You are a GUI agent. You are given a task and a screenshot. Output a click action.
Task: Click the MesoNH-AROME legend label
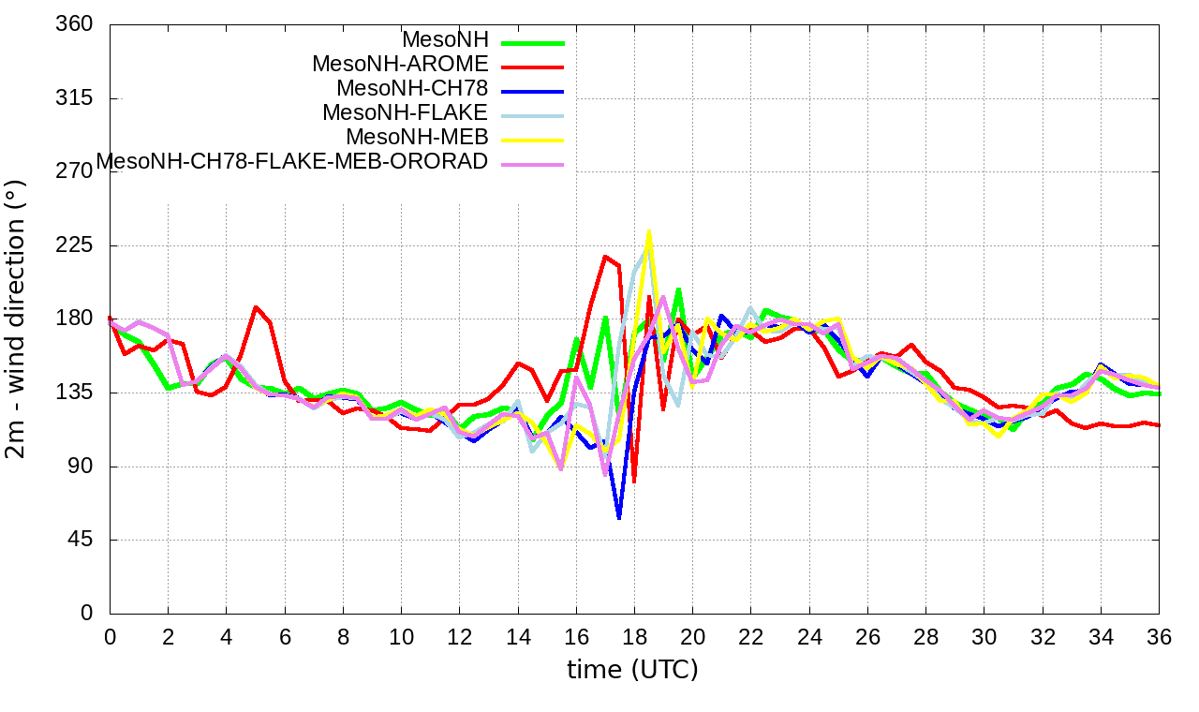pos(400,65)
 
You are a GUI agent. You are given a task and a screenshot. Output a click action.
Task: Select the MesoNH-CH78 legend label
pos(412,89)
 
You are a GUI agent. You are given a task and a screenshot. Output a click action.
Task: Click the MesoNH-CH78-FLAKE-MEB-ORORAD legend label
pos(292,162)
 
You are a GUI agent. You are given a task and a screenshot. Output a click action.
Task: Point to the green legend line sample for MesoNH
pos(533,42)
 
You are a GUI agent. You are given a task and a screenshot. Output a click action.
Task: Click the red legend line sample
pos(533,67)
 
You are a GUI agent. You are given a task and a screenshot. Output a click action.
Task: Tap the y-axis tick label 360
pos(75,24)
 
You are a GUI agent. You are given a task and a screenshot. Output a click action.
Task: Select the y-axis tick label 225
pos(75,245)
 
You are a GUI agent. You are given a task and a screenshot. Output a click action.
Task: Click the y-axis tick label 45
pos(81,540)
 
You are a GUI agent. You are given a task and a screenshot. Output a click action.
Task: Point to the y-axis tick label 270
pos(75,171)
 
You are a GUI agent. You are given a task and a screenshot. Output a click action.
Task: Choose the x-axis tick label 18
pos(634,637)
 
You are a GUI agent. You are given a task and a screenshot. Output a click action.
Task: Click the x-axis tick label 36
pos(1159,637)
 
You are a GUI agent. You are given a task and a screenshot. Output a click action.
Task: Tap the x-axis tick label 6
pos(285,637)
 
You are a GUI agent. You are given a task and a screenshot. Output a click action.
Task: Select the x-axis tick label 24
pos(809,637)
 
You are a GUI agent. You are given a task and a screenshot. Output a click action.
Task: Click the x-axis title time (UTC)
pos(633,670)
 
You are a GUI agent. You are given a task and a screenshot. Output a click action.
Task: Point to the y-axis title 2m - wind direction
pos(17,319)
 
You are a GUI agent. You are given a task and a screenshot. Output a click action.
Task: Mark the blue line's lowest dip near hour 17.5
pos(619,517)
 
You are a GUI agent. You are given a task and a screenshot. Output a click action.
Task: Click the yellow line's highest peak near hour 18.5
pos(648,231)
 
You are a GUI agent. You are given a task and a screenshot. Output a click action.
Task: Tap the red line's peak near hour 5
pos(256,307)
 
